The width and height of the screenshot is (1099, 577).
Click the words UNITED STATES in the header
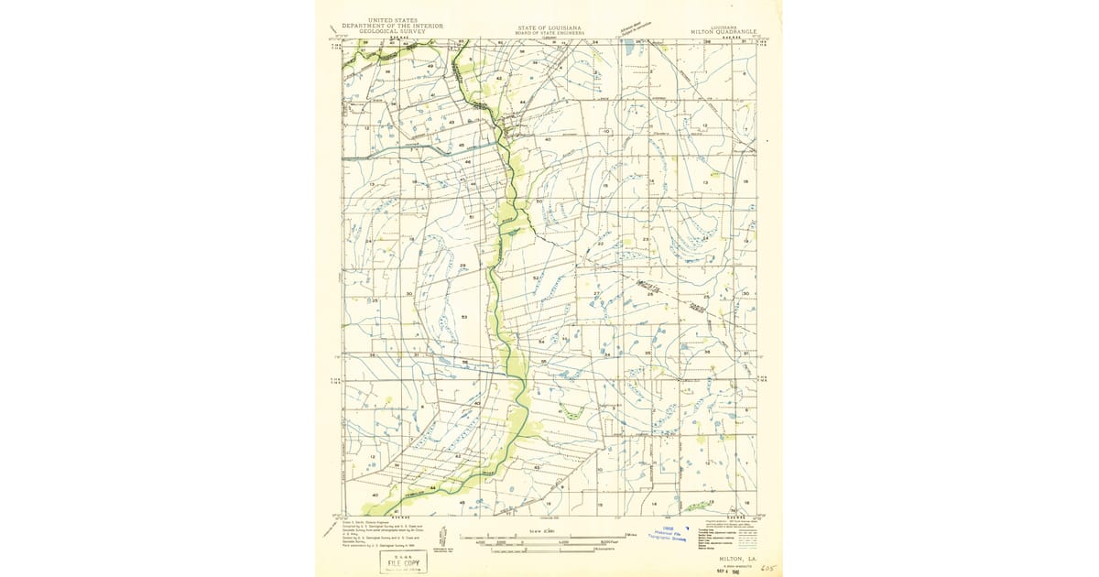[x=392, y=19]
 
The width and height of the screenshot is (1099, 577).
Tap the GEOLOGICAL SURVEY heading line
[x=392, y=30]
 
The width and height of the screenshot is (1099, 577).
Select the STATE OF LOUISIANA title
[x=549, y=27]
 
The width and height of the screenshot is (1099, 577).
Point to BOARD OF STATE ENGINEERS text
[x=549, y=32]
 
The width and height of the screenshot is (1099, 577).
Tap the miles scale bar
[x=549, y=536]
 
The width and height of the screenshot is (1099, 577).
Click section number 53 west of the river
[x=465, y=317]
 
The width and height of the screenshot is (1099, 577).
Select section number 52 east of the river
[x=537, y=277]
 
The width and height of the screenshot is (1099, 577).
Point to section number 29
[x=462, y=266]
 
